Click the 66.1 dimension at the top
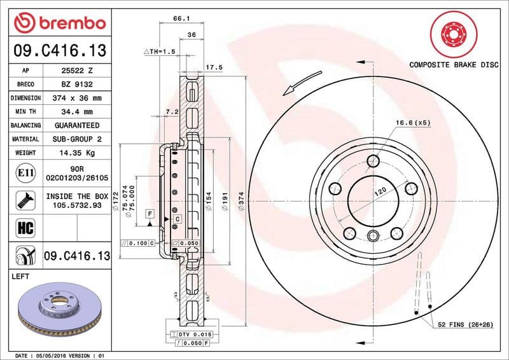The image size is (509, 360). pyautogui.click(x=180, y=19)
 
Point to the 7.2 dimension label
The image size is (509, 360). pyautogui.click(x=172, y=111)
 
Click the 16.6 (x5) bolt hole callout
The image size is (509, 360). pyautogui.click(x=413, y=122)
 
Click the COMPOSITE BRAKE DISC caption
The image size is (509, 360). pyautogui.click(x=454, y=65)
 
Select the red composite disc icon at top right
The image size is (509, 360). pyautogui.click(x=453, y=32)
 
